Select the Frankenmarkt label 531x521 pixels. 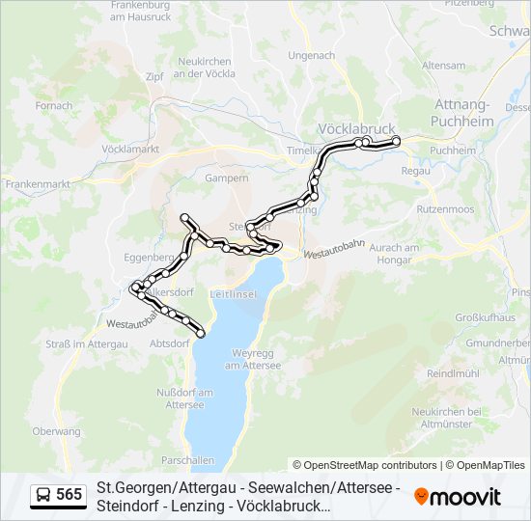[38, 182]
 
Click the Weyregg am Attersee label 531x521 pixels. [252, 359]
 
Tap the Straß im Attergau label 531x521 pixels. [87, 343]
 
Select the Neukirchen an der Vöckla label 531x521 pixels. [206, 67]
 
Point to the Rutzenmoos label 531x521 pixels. [445, 208]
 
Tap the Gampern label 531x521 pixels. [227, 178]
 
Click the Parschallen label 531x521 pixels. [187, 459]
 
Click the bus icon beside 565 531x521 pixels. [43, 495]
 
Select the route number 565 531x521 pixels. [70, 495]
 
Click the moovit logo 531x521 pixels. [458, 497]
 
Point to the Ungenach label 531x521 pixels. [311, 55]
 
